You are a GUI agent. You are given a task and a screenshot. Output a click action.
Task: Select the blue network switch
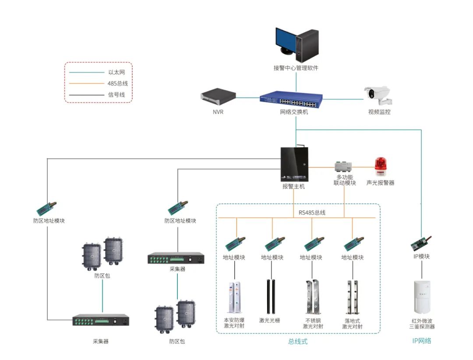point(290,99)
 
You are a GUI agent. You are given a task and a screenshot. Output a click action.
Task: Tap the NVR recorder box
point(218,95)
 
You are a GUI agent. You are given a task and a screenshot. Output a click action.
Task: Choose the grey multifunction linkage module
point(344,166)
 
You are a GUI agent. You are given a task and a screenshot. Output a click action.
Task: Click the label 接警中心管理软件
point(296,68)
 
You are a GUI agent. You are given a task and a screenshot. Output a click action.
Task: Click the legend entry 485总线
point(117,83)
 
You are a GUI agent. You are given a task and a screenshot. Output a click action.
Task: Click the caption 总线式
point(298,342)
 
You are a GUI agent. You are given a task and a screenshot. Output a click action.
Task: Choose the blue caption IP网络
point(422,340)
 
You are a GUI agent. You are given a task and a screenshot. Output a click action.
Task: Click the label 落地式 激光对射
point(353,323)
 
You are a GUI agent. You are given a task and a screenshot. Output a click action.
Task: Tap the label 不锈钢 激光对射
point(313,323)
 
